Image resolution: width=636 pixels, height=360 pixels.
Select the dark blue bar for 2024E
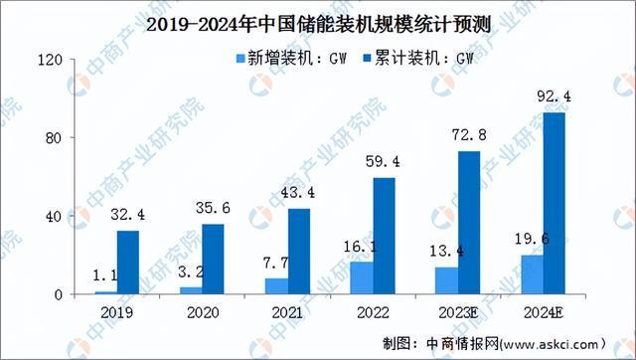555,203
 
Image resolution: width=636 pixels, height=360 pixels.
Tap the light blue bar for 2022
363,277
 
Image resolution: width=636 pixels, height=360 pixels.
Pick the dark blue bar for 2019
128,263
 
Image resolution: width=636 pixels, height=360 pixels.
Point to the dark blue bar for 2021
298,251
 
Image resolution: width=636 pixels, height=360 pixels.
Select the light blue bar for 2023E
447,280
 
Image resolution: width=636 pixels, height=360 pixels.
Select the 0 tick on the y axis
60,294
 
